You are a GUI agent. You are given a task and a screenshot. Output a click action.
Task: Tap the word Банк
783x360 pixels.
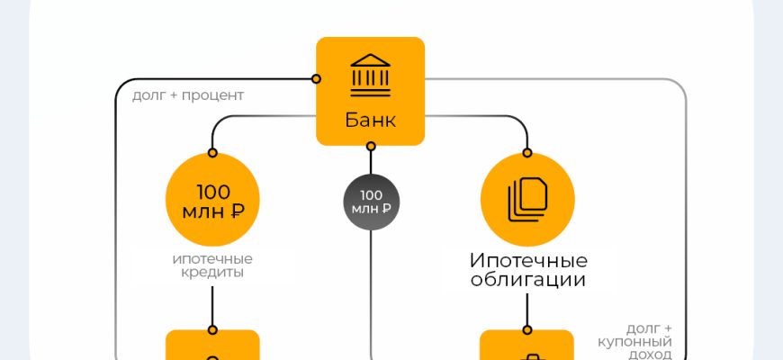tap(370, 121)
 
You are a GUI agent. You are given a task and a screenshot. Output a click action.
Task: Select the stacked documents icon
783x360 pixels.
tap(527, 199)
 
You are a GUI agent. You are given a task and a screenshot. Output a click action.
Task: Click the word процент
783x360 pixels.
tap(212, 94)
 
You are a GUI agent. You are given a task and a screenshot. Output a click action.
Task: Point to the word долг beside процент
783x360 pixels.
tap(148, 94)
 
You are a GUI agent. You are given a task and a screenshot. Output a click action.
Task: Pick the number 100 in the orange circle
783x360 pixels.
tap(212, 191)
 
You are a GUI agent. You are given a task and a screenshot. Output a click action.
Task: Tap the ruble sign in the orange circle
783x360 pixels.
tap(238, 212)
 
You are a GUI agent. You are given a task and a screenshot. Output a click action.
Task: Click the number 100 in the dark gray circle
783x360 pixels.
tap(371, 194)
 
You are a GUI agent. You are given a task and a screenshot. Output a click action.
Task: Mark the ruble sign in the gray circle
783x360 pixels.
tap(385, 209)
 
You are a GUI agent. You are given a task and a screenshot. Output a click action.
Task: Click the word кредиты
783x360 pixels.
tap(212, 272)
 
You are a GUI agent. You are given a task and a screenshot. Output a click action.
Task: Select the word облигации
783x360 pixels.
tap(528, 280)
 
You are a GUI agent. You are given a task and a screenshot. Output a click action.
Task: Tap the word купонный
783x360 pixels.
tap(635, 342)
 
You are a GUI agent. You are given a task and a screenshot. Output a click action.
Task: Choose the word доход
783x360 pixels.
tap(651, 355)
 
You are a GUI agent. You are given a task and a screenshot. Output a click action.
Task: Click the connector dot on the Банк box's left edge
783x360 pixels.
tap(316, 79)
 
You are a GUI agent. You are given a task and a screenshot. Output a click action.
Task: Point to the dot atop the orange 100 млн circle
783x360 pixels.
tap(213, 152)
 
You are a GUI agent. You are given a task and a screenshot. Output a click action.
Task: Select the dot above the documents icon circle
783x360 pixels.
tap(527, 152)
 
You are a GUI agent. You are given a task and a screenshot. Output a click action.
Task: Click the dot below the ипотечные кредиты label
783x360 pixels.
tap(213, 329)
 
